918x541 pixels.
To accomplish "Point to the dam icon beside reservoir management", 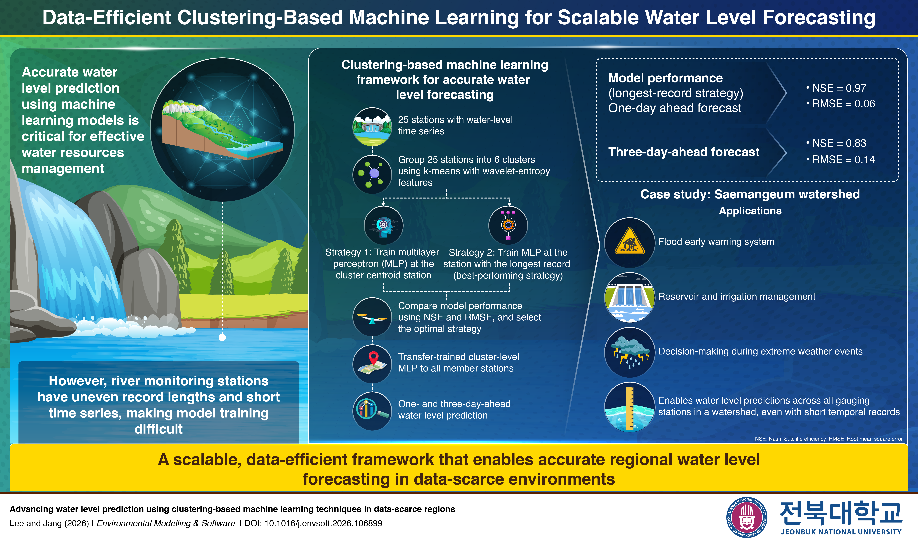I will click(x=630, y=297).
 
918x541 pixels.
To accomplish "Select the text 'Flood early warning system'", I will click(x=716, y=242).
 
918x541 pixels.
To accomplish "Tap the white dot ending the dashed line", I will click(x=222, y=338).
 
